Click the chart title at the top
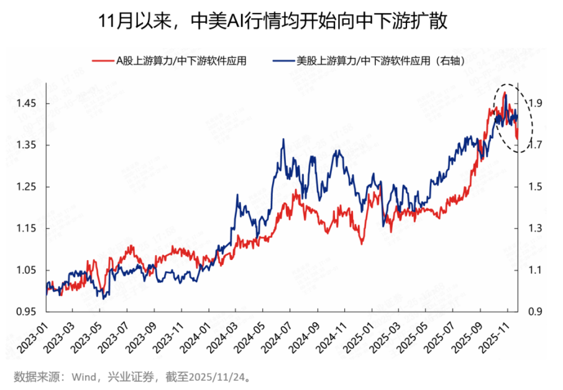[281, 20]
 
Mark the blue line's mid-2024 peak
[283, 140]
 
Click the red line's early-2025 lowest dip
[362, 244]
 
